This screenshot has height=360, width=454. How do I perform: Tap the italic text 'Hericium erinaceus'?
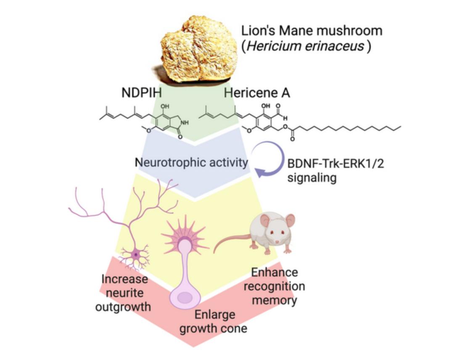pyautogui.click(x=305, y=46)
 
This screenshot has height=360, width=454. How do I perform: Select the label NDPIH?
pyautogui.click(x=142, y=93)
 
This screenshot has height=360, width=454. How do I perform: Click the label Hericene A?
pyautogui.click(x=256, y=93)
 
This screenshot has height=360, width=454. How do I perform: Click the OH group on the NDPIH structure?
pyautogui.click(x=165, y=106)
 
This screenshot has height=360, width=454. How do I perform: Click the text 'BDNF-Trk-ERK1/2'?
pyautogui.click(x=335, y=163)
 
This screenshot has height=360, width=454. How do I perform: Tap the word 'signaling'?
pyautogui.click(x=312, y=177)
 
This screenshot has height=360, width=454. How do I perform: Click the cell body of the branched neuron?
pyautogui.click(x=135, y=254)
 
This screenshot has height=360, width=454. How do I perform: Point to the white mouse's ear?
pyautogui.click(x=265, y=220)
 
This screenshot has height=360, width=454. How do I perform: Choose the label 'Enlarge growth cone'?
pyautogui.click(x=213, y=321)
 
